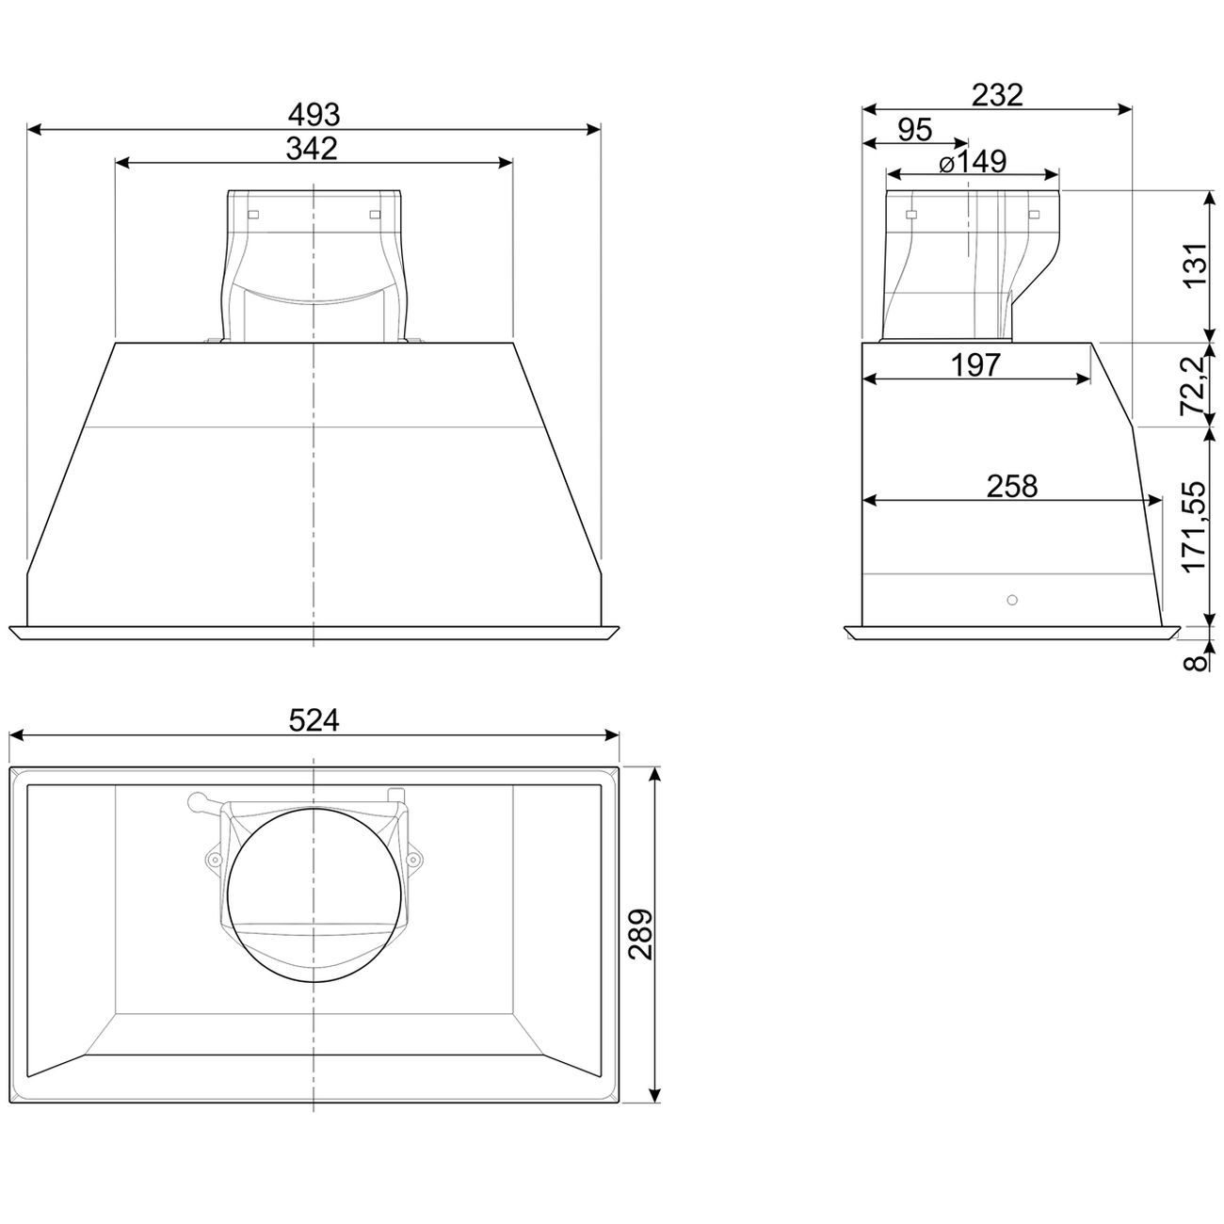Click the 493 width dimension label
314,115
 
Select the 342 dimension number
312,149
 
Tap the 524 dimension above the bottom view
314,720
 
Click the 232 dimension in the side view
997,95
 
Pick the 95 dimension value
915,130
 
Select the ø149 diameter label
973,161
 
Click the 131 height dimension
1195,265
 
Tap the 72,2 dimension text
1193,385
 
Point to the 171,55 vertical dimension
1194,526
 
